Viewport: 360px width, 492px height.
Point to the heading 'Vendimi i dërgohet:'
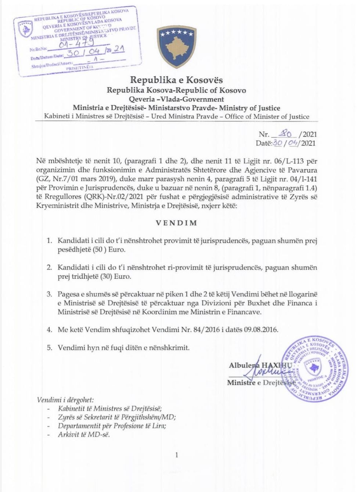click(65, 400)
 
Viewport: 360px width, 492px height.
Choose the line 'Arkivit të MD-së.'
click(84, 435)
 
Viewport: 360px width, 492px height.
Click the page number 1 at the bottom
click(177, 455)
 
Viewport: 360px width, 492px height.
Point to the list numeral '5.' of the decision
click(49, 348)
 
